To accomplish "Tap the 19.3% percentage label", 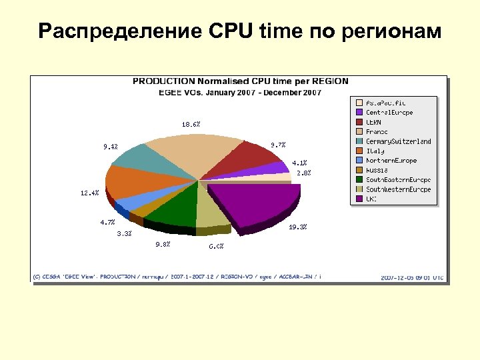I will click(297, 227).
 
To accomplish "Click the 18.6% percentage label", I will click(191, 124).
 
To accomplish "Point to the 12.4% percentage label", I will click(89, 193).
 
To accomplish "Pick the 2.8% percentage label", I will click(303, 173).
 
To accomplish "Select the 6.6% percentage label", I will click(216, 246).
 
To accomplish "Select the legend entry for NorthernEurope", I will click(391, 161).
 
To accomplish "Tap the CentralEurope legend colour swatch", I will click(359, 113).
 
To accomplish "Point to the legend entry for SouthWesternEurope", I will click(398, 189).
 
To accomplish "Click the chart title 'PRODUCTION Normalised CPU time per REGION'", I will click(240, 81).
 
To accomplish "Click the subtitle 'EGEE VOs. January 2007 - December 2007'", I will click(240, 92).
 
